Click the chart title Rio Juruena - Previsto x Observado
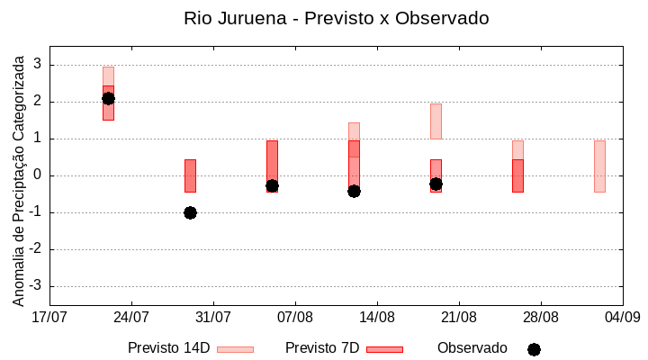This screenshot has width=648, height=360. click(336, 18)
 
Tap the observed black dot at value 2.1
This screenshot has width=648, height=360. click(108, 98)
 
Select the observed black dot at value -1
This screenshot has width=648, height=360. click(190, 212)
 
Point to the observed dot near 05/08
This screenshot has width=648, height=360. click(272, 185)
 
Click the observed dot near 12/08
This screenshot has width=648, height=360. click(354, 191)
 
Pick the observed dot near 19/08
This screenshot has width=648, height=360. click(436, 184)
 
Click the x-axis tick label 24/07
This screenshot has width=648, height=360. click(131, 317)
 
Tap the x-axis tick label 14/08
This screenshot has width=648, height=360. click(377, 317)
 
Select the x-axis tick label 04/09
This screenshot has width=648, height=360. click(622, 317)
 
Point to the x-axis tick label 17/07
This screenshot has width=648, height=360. click(49, 317)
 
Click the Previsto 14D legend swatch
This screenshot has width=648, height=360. click(235, 349)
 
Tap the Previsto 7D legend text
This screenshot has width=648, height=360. click(322, 348)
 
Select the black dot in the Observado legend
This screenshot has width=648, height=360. click(534, 349)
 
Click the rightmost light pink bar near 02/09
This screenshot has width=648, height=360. click(599, 166)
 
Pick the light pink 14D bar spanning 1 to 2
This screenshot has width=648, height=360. click(436, 121)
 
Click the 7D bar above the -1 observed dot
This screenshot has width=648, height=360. click(190, 175)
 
